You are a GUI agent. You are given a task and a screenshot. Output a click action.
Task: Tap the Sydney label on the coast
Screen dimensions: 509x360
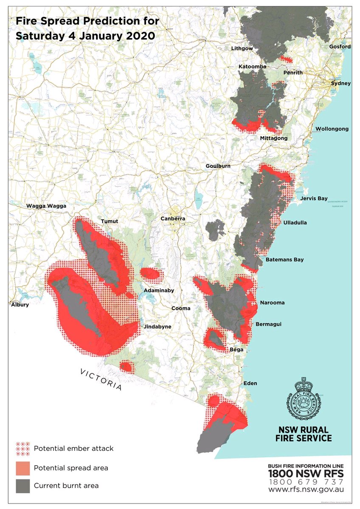click(341, 84)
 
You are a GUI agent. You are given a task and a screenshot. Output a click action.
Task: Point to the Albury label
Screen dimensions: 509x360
click(20, 305)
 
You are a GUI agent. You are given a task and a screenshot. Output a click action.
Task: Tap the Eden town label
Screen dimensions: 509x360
click(250, 383)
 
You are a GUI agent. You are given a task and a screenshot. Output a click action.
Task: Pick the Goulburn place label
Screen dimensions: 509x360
click(218, 166)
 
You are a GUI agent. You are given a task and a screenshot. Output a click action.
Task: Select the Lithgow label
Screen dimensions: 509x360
click(242, 49)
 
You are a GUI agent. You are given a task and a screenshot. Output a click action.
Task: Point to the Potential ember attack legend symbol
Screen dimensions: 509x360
click(22, 448)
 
